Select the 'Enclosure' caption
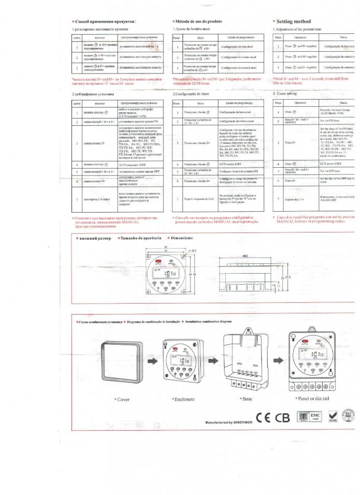point(183,400)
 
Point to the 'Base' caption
point(245,399)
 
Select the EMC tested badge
point(329,416)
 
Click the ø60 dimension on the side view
point(231,255)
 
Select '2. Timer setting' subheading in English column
point(285,93)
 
